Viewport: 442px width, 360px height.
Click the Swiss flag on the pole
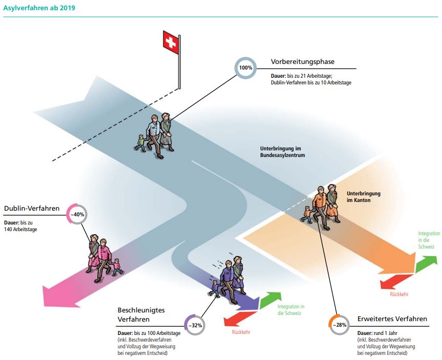(x=171, y=42)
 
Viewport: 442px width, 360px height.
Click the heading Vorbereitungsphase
(x=302, y=62)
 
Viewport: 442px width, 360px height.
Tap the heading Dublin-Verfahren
(x=32, y=209)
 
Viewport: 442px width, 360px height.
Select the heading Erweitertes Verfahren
(x=392, y=319)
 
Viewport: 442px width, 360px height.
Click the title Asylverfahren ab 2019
(x=39, y=8)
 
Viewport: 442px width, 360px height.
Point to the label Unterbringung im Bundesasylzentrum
(x=282, y=152)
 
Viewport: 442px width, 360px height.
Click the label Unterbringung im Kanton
(x=364, y=197)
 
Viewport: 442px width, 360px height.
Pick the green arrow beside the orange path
(x=426, y=264)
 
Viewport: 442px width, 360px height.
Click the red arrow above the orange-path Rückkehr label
(x=396, y=282)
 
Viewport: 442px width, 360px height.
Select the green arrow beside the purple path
(x=270, y=300)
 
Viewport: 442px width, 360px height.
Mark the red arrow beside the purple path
(x=240, y=319)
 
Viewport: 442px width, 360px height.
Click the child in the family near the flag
(x=141, y=143)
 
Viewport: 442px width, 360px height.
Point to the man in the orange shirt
(x=320, y=207)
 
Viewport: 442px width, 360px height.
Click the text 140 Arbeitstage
(x=20, y=230)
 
